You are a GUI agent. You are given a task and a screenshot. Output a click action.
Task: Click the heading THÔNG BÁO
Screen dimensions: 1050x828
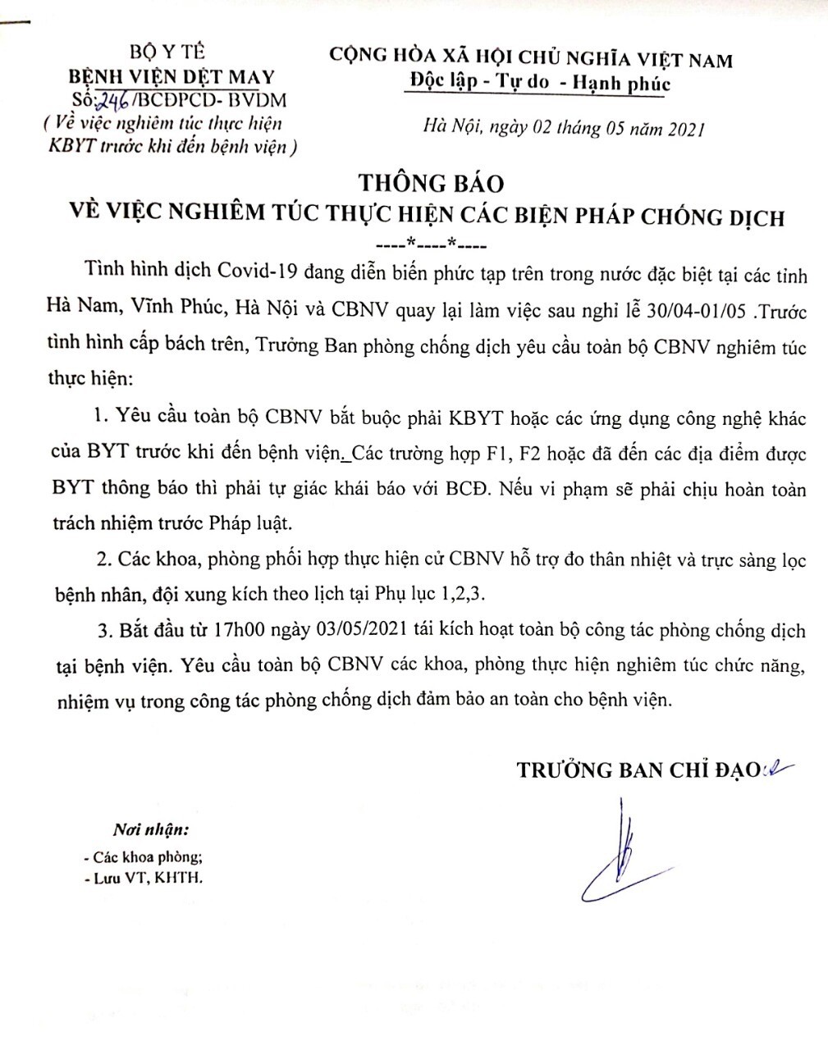click(x=430, y=182)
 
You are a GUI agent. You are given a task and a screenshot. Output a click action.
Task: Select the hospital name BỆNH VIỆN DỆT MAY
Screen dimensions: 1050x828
click(x=172, y=78)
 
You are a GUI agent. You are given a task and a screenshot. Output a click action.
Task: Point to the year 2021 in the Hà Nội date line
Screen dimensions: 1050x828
click(x=684, y=129)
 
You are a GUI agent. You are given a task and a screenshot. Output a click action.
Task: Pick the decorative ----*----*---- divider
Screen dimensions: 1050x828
click(x=430, y=244)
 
